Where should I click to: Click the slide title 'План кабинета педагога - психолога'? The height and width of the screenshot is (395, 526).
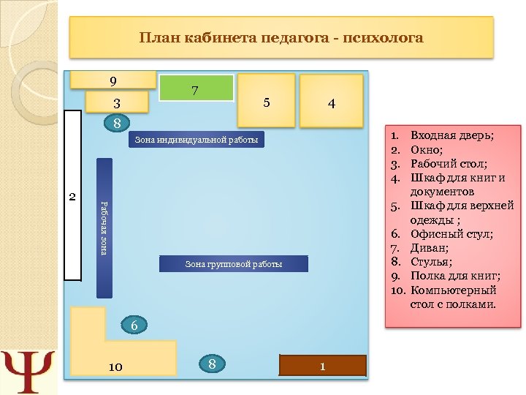tap(281, 37)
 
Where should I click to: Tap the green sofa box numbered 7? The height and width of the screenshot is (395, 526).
tap(196, 90)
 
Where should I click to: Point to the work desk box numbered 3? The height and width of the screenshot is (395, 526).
tap(117, 102)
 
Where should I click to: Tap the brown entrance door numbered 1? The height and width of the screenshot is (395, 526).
tap(323, 364)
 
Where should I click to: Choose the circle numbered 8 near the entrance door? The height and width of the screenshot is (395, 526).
tap(212, 364)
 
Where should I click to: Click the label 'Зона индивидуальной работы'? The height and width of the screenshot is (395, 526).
tap(197, 139)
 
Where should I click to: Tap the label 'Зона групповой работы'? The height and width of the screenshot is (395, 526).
tap(233, 263)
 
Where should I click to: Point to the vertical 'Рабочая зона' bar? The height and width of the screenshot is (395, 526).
tap(104, 227)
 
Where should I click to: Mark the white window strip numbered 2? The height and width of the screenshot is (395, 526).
tap(72, 196)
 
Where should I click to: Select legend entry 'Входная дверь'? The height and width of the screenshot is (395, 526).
tap(452, 136)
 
